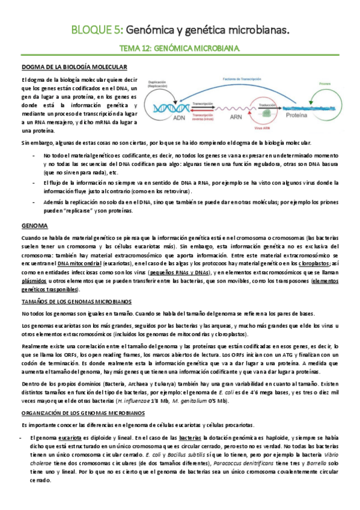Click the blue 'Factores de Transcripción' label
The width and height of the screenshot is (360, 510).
tap(243, 79)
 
